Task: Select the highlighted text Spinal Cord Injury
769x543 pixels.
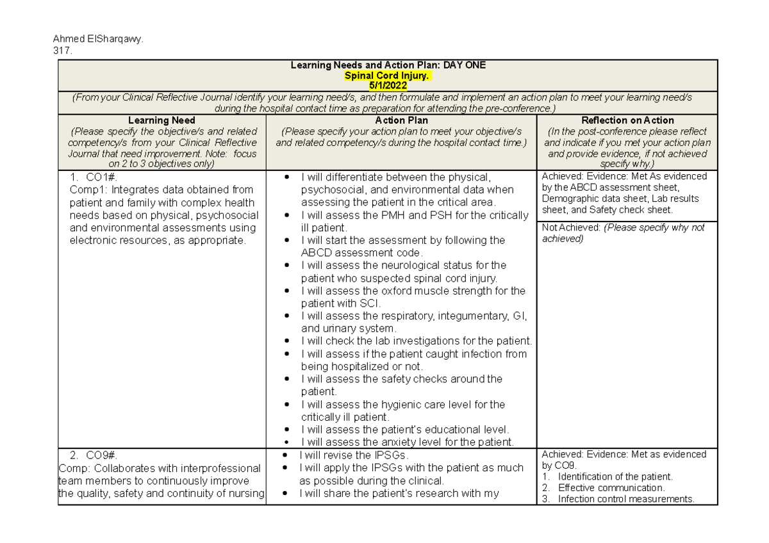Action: click(388, 75)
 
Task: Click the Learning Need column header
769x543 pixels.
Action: click(161, 120)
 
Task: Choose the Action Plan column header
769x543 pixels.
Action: click(401, 120)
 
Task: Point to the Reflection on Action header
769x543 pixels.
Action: click(627, 120)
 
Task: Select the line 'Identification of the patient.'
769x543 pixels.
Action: click(615, 476)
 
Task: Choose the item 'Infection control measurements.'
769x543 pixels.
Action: click(625, 499)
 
